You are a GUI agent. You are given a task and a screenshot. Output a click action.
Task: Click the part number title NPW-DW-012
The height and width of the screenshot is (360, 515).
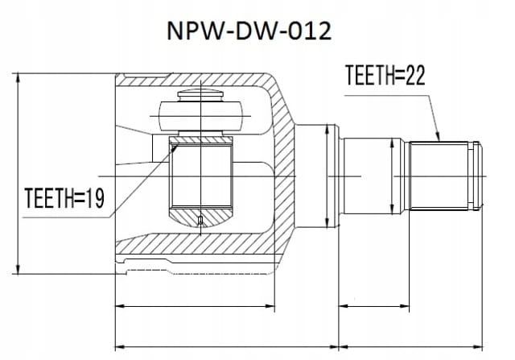coord(249,31)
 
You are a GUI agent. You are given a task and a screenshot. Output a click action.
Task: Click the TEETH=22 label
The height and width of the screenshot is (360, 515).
coord(385,75)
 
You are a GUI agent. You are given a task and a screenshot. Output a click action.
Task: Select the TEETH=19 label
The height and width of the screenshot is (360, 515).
coord(64,198)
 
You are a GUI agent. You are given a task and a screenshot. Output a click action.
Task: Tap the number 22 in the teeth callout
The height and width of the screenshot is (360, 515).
coord(416,75)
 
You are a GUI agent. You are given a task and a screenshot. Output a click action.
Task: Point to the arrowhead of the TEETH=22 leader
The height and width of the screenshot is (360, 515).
coord(438,137)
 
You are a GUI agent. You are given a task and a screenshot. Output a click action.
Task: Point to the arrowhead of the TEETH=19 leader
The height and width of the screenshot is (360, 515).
coord(174,147)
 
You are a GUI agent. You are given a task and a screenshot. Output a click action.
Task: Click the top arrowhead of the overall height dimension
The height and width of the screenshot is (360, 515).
coord(18,78)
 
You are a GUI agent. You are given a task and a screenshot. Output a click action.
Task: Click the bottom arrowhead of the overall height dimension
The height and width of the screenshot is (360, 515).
coord(18,269)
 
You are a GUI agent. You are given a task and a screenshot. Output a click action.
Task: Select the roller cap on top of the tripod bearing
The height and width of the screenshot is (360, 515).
coord(200,95)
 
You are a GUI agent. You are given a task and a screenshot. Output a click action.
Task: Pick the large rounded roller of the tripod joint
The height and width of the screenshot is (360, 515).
coord(200,117)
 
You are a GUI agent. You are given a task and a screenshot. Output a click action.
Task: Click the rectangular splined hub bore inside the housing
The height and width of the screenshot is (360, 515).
coord(201,176)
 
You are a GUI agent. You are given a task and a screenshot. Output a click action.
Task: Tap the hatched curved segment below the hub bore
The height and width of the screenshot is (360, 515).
coord(200,217)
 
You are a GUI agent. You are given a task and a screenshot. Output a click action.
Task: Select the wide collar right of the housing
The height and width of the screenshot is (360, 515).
coord(316,176)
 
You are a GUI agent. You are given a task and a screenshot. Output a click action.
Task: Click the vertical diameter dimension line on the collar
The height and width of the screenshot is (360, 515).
coord(327,176)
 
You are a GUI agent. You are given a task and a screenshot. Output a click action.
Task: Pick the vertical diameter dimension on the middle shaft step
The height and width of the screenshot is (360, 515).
coord(392,176)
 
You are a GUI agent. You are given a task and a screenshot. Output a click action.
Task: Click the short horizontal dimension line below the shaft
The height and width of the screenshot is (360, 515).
coord(373,306)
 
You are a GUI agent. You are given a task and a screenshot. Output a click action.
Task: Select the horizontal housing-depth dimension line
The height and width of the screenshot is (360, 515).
coord(195,306)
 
